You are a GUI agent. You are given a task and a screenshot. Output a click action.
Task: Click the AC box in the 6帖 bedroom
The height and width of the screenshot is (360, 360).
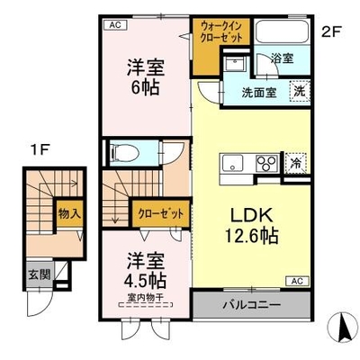pos(115,25)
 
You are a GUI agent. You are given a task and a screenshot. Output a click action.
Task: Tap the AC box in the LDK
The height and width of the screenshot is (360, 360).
pos(296,281)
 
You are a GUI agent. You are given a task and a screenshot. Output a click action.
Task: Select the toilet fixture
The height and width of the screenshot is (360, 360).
pos(123,153)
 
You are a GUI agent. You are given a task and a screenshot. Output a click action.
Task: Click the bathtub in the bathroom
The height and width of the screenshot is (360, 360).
pos(282,31)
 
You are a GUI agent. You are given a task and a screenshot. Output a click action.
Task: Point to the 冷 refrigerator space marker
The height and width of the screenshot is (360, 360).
pos(296,163)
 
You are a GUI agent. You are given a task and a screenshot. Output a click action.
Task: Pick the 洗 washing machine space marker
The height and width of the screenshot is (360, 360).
pos(299,91)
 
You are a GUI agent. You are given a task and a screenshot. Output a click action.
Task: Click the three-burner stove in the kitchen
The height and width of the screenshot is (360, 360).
pos(266,164)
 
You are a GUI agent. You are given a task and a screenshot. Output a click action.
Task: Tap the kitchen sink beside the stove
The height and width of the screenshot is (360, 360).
pos(232,163)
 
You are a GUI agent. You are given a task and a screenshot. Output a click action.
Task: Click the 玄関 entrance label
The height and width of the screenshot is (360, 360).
pos(40,274)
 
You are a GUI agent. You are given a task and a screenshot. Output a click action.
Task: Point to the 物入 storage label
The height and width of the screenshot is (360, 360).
pos(69,213)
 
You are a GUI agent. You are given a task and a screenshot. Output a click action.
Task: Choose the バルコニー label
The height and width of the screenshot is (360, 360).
pos(252,305)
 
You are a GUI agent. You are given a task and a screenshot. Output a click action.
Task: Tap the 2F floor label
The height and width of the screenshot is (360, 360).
pos(331,31)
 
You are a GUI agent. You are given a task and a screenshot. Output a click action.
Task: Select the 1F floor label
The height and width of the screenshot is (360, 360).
pos(40,150)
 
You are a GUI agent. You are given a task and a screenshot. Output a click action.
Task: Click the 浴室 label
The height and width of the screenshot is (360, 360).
pos(282,58)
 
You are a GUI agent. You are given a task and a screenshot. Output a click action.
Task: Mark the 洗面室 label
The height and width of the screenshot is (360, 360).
pos(259,93)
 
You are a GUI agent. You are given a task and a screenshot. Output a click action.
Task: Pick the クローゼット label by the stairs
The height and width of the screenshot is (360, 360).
pos(160,213)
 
